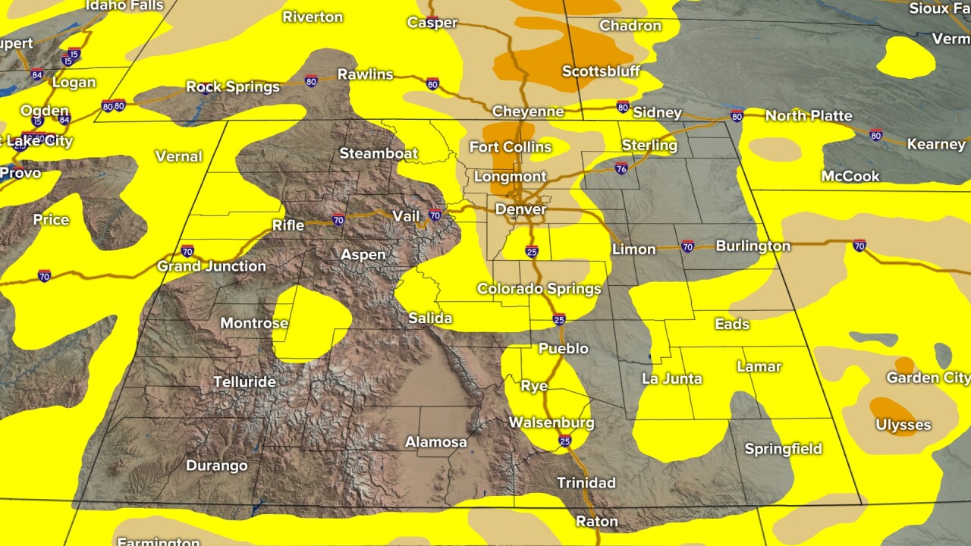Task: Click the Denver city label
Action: click(x=520, y=209)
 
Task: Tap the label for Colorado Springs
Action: click(x=539, y=288)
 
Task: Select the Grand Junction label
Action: click(x=211, y=266)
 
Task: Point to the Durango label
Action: click(x=216, y=465)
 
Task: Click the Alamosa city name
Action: click(x=435, y=441)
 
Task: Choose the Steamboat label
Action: click(x=378, y=153)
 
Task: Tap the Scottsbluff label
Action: click(x=601, y=71)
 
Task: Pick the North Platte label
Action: click(x=809, y=116)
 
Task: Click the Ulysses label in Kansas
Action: click(x=903, y=425)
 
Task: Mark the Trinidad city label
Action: click(x=586, y=482)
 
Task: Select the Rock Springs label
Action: click(x=233, y=87)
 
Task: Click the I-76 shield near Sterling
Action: click(x=621, y=169)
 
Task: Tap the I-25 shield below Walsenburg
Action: click(x=565, y=441)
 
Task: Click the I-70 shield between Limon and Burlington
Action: click(x=687, y=246)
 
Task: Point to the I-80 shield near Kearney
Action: click(x=875, y=136)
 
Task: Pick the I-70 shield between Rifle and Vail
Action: click(x=338, y=221)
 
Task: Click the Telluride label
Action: click(x=244, y=381)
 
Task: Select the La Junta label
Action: click(x=671, y=378)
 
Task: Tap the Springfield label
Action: click(x=783, y=449)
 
